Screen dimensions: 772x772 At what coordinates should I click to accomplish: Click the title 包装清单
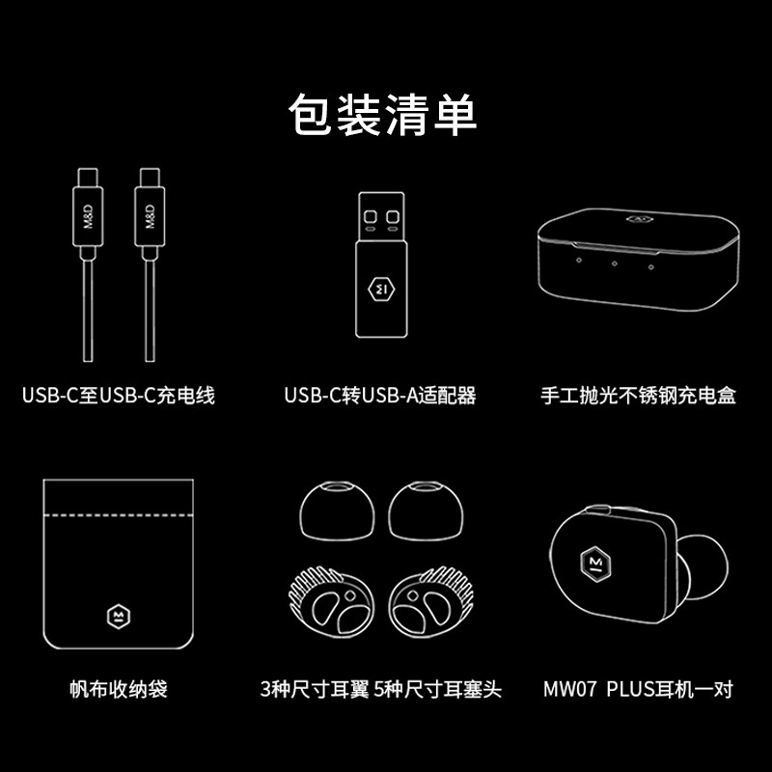click(x=382, y=114)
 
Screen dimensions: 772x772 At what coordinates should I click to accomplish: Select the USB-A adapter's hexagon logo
click(x=381, y=289)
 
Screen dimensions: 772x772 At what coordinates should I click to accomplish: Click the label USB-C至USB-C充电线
click(x=119, y=396)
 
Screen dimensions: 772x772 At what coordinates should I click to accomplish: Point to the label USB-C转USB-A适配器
click(x=380, y=396)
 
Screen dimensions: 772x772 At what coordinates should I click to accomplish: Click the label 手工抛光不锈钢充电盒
click(x=638, y=396)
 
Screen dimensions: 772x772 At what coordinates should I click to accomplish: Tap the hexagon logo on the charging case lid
click(x=640, y=219)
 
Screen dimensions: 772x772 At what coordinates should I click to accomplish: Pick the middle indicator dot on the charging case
click(x=615, y=263)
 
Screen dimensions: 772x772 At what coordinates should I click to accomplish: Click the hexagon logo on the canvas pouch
click(x=119, y=617)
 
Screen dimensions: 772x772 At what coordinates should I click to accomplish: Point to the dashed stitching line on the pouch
click(x=118, y=515)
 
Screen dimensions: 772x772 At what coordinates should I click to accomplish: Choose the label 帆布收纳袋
click(x=119, y=689)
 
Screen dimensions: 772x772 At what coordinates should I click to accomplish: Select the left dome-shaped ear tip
click(x=337, y=511)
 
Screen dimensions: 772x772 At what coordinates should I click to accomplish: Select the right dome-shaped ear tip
click(x=426, y=511)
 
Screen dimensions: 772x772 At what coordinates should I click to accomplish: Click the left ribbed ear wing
click(x=331, y=601)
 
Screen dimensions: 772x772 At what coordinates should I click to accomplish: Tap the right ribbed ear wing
click(x=431, y=601)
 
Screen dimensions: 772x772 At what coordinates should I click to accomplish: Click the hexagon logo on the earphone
click(x=595, y=564)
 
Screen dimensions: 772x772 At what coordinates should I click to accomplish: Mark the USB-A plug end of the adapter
click(x=381, y=216)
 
